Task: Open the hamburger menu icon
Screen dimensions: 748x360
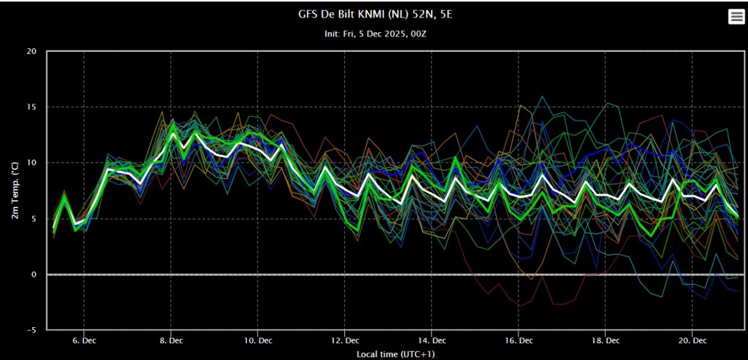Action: pyautogui.click(x=734, y=18)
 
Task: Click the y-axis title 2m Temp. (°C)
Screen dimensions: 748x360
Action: pyautogui.click(x=16, y=190)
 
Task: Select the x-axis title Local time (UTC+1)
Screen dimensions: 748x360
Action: pyautogui.click(x=395, y=354)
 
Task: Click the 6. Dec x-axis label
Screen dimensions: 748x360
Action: pyautogui.click(x=84, y=341)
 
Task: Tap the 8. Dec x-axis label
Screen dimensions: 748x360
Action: pyautogui.click(x=171, y=341)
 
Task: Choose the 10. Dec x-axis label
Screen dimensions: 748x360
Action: pyautogui.click(x=258, y=341)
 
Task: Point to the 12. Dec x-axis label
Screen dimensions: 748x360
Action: pyautogui.click(x=345, y=341)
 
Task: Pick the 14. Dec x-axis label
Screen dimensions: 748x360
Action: pyautogui.click(x=431, y=341)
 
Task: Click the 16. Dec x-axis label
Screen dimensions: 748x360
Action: pyautogui.click(x=518, y=341)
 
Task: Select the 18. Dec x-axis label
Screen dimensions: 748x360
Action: pyautogui.click(x=605, y=341)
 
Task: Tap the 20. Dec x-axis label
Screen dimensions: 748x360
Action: pyautogui.click(x=692, y=341)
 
